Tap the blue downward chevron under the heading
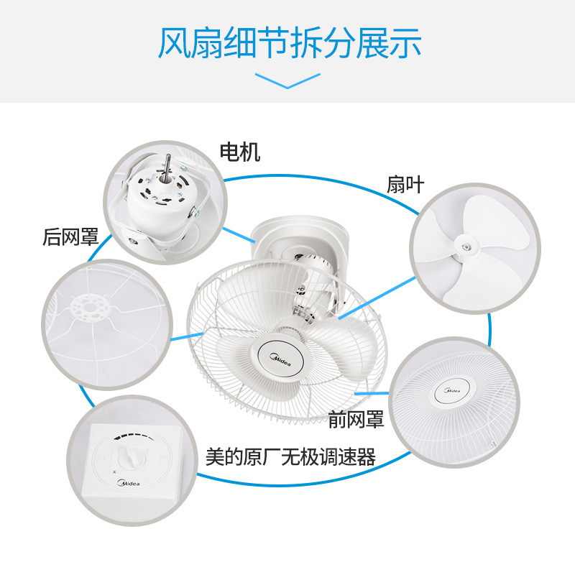[287, 80]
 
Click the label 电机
[239, 152]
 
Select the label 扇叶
[405, 185]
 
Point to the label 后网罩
[70, 237]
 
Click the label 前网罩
[356, 418]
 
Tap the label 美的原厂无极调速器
[290, 456]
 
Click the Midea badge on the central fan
[282, 357]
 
